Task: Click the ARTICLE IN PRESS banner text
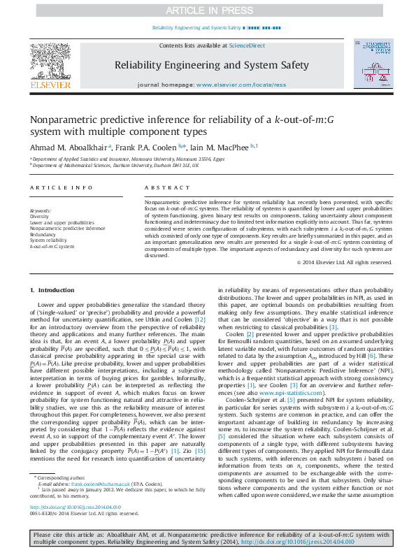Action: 208,10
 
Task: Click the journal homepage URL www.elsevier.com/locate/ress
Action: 241,85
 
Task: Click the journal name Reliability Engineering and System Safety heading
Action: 210,66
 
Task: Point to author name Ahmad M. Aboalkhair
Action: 68,147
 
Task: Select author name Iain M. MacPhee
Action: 224,147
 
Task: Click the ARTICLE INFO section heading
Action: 61,188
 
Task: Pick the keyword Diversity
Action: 40,217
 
